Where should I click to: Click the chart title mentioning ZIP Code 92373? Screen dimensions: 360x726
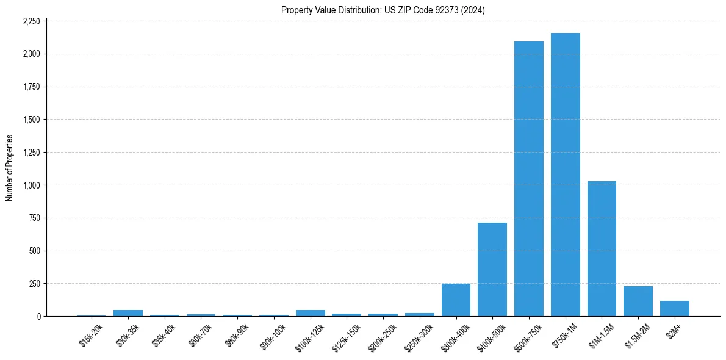[383, 10]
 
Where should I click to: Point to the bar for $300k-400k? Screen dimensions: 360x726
[456, 300]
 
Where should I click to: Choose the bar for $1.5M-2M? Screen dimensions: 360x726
[638, 301]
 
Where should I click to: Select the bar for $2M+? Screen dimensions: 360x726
[674, 309]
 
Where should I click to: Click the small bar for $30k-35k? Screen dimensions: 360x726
[128, 313]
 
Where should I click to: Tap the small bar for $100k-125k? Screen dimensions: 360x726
[311, 313]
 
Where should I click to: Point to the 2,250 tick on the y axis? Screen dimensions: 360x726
[31, 21]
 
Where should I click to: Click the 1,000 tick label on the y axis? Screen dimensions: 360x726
[31, 185]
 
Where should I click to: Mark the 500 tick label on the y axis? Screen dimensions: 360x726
[34, 251]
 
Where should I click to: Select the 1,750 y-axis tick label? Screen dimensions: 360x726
[31, 87]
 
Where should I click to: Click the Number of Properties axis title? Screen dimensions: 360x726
[10, 168]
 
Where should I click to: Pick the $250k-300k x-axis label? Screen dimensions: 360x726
[419, 336]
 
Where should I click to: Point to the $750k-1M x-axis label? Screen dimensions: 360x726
[565, 335]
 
